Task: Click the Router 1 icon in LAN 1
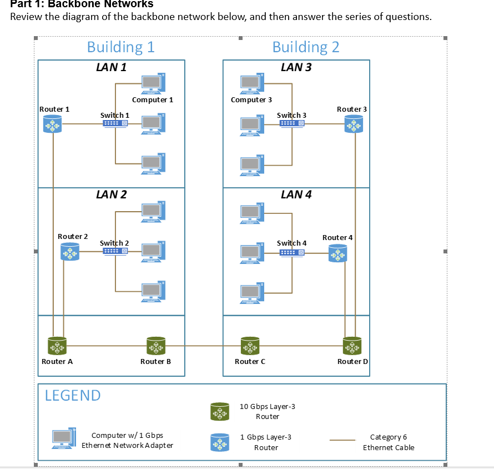coord(53,123)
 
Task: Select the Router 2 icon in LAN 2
coord(70,251)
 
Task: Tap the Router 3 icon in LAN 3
coord(354,123)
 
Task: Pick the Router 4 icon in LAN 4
coord(337,253)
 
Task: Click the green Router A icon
coord(57,346)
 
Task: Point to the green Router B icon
coord(156,346)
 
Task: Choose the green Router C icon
coord(250,346)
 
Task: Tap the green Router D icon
coord(352,346)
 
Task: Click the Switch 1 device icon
coord(115,123)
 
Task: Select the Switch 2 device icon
coord(115,251)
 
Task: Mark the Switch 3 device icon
coord(292,123)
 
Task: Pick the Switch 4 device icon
coord(292,253)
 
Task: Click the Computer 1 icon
coord(153,83)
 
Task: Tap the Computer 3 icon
coord(252,83)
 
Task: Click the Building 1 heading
coord(121,47)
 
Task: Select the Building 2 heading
coord(306,47)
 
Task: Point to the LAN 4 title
coord(296,194)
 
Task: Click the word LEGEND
coord(73,396)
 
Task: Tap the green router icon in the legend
coord(220,411)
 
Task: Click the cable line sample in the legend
coord(342,440)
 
